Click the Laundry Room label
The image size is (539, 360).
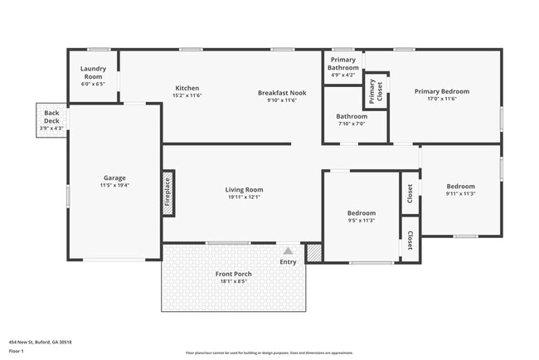(x=93, y=73)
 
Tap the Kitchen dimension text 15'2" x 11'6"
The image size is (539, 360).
(x=187, y=96)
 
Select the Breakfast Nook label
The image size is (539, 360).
(x=281, y=93)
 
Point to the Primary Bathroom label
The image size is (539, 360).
(x=343, y=64)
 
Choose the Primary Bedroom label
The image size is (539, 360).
(x=442, y=92)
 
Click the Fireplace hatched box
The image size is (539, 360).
(x=168, y=194)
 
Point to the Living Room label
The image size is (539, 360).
(x=244, y=190)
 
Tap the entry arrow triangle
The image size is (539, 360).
(x=288, y=250)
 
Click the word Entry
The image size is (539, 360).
(x=288, y=262)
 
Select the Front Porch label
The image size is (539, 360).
(x=236, y=274)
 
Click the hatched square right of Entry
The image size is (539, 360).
(x=314, y=253)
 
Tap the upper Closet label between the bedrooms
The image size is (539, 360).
(x=410, y=193)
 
